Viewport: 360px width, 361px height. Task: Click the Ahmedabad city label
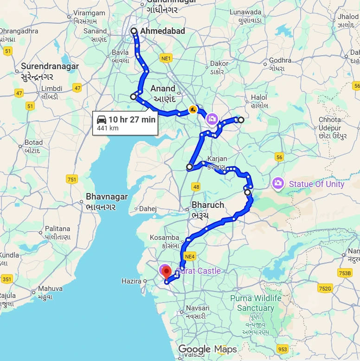162,31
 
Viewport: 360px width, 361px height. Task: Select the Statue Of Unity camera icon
278,184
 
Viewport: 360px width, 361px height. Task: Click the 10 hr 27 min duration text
132,120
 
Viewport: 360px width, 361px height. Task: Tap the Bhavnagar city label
107,197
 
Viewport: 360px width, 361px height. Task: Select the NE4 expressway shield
189,256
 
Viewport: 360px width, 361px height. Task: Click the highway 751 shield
72,180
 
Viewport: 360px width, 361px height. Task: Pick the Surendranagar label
50,66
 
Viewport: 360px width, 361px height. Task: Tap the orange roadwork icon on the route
193,110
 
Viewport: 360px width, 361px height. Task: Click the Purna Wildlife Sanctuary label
256,303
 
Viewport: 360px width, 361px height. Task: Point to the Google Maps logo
207,349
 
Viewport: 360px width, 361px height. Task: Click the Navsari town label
197,308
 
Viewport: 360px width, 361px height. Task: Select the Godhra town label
280,60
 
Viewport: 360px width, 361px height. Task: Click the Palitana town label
58,229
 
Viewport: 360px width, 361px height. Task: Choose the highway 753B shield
345,273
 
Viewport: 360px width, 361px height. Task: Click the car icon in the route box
102,120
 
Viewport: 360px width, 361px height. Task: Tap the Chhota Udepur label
330,124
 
